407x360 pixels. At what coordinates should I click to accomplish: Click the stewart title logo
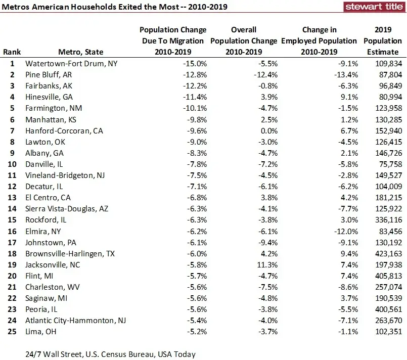click(373, 7)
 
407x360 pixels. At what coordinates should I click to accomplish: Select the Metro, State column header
click(81, 52)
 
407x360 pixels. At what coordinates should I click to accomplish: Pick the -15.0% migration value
click(195, 64)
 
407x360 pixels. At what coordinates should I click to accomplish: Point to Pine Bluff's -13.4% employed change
click(345, 75)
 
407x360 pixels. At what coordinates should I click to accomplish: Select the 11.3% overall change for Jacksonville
click(266, 264)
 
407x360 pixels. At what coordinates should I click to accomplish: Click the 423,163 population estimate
click(387, 253)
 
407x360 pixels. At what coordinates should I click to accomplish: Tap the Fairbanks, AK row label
click(49, 86)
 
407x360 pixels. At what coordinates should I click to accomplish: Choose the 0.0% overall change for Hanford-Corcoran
click(268, 130)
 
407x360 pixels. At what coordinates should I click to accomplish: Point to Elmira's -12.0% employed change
click(345, 231)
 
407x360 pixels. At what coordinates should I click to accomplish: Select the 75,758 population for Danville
click(389, 164)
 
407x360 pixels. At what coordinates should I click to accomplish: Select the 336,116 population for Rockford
click(387, 220)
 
